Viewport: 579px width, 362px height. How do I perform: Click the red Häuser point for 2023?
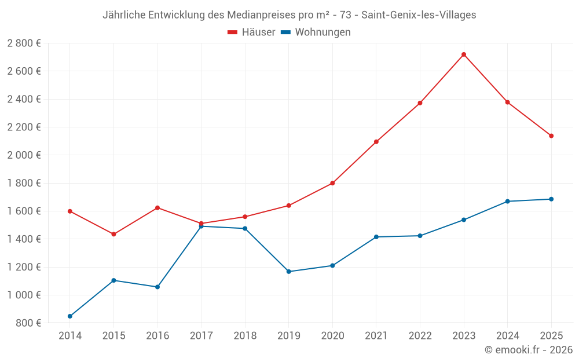464,54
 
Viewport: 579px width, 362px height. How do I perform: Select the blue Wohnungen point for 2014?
70,316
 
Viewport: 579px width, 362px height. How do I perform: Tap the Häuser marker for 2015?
113,234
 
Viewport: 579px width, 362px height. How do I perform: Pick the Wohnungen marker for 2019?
288,272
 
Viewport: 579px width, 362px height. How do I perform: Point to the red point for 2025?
551,136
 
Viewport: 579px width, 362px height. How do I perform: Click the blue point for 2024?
508,202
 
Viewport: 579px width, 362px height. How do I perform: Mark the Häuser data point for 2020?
332,183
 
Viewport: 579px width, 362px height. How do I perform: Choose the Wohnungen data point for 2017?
201,226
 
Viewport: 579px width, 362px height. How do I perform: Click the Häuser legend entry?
251,32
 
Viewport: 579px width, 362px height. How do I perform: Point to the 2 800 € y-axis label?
24,43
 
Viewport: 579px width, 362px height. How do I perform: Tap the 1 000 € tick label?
24,295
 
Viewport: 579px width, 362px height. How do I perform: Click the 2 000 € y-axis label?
24,155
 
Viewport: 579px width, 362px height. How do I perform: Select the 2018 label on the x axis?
245,336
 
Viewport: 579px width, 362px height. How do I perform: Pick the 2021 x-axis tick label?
376,336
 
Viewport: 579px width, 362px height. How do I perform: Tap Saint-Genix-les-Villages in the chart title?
419,15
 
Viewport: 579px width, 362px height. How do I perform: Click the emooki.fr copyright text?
529,350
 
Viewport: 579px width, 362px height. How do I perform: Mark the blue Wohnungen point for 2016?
157,287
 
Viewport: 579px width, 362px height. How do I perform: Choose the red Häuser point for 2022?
420,103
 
